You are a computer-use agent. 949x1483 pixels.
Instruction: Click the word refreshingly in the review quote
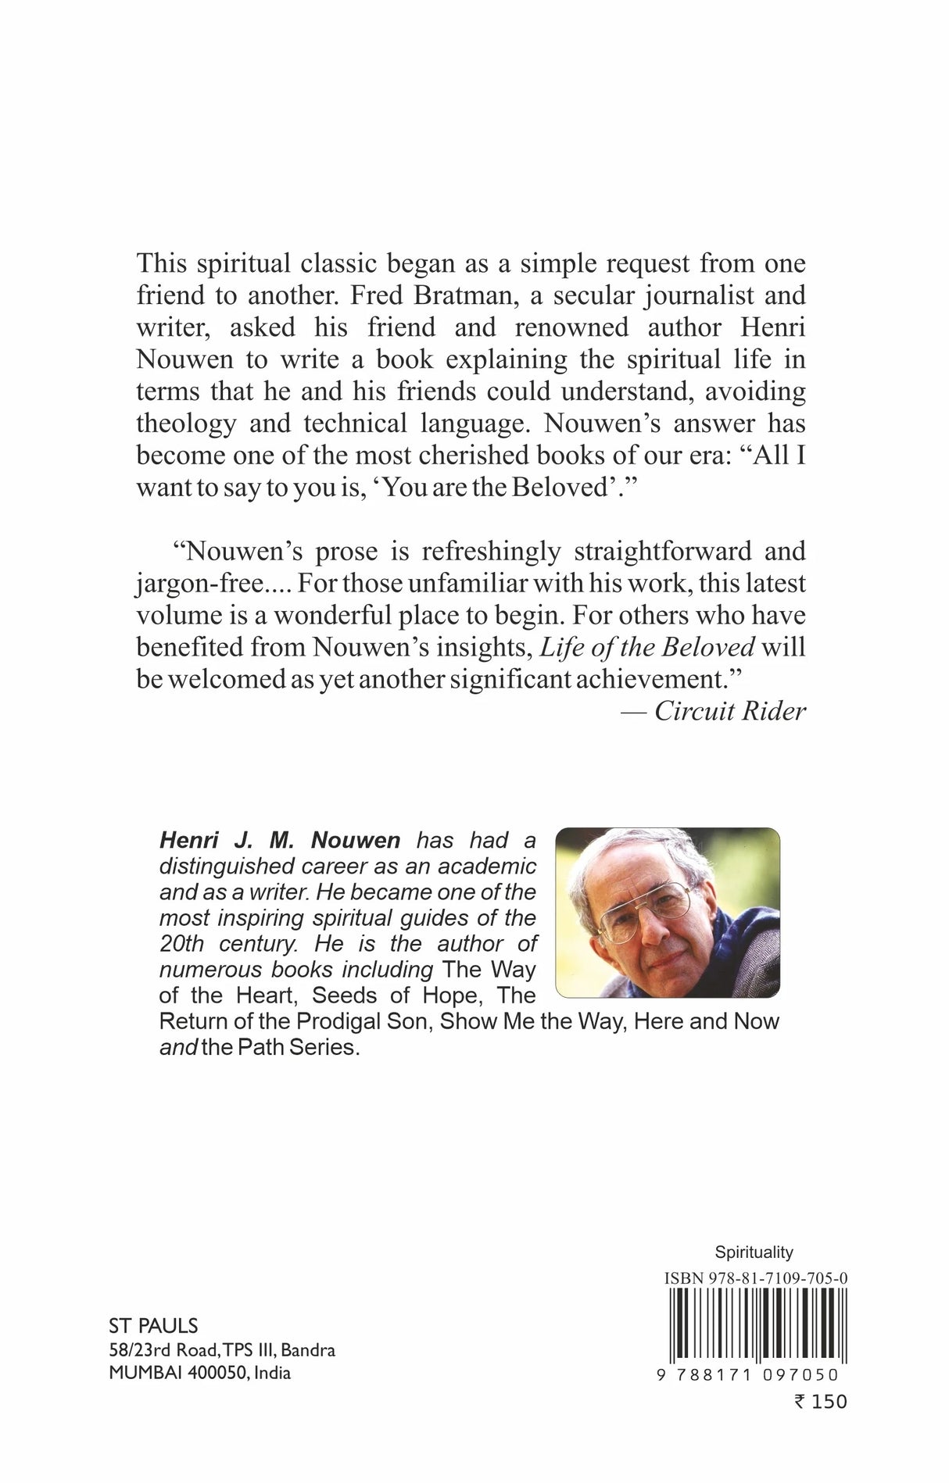coord(491,552)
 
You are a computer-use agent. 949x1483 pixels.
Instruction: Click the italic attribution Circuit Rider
coord(729,711)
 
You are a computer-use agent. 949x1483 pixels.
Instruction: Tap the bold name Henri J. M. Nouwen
coord(280,841)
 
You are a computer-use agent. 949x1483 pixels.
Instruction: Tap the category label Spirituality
coord(754,1253)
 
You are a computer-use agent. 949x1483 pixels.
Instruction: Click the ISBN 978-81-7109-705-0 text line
coord(756,1278)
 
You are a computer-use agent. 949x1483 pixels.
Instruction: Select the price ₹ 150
coord(820,1401)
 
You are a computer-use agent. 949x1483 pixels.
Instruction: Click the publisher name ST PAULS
coord(152,1326)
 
